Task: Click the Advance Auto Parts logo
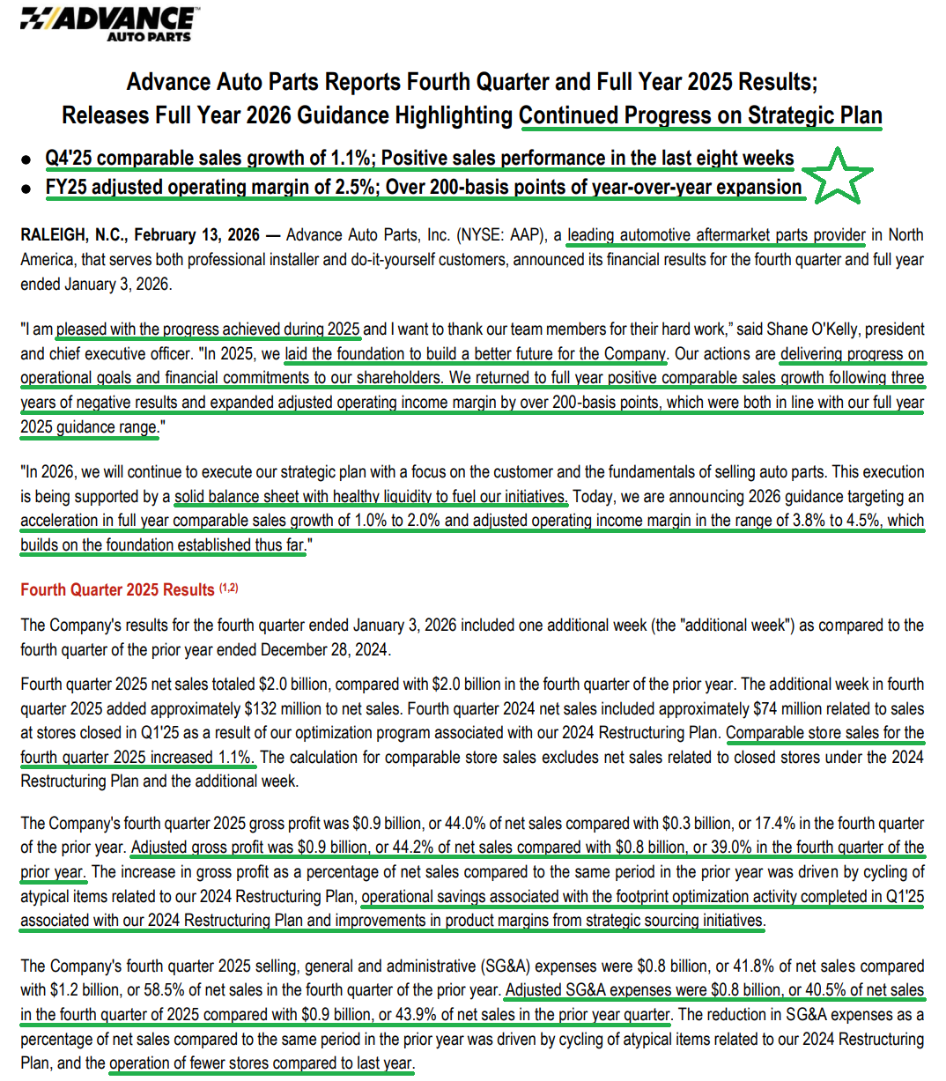pyautogui.click(x=108, y=24)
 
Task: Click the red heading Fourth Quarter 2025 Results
pyautogui.click(x=117, y=590)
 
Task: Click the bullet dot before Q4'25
pyautogui.click(x=27, y=159)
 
